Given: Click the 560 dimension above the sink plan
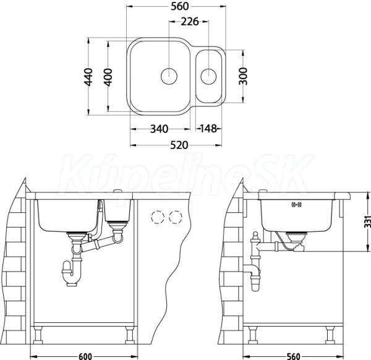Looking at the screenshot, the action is pos(179,6).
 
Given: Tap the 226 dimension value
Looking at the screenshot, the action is pos(190,22).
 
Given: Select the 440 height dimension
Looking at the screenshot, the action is pos(88,77).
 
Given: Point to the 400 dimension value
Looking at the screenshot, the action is pos(108,77).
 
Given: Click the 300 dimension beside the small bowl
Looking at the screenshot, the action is pos(243,76).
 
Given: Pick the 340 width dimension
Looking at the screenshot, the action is pos(160,129).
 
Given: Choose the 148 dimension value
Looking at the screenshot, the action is pos(208,129).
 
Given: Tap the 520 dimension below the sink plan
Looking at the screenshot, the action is pos(179,145).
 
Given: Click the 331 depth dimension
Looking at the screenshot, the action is pos(367,221).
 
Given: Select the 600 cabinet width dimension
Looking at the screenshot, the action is pos(85,356).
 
